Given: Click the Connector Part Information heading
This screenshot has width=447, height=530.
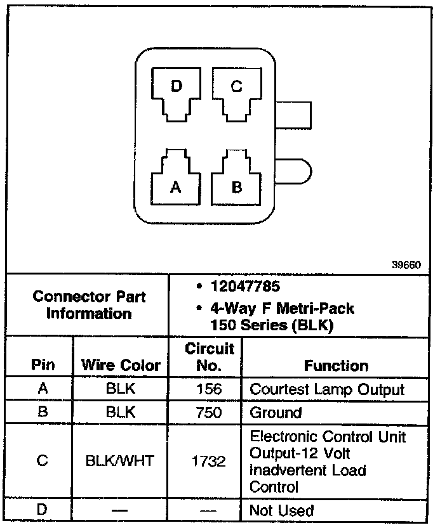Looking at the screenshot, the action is tap(89, 305).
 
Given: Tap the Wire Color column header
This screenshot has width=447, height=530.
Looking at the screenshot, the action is tap(121, 366).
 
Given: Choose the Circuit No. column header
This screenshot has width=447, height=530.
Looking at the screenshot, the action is tap(210, 357).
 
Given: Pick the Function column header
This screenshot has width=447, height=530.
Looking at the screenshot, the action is tap(336, 366).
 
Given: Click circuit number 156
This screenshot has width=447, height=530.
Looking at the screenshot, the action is tap(209, 389).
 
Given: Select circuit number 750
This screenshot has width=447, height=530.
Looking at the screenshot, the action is tap(209, 412).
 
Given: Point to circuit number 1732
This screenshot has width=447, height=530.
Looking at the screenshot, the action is tap(209, 462).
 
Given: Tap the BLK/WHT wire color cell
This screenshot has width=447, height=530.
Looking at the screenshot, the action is tap(120, 461).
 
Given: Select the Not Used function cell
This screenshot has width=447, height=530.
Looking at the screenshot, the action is tap(282, 510).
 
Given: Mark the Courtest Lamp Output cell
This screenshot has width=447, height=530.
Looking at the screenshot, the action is tap(327, 389).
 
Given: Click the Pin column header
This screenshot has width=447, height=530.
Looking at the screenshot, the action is tap(43, 366).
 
